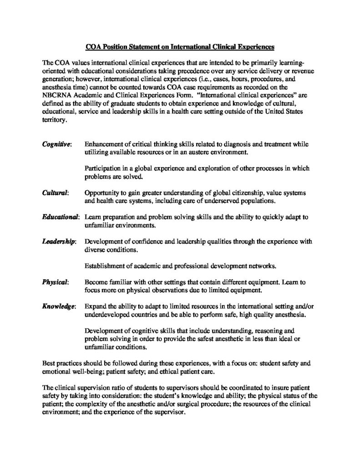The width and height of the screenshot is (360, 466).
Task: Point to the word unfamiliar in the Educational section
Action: click(101, 225)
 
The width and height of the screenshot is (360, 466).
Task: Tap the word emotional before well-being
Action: click(57, 372)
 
